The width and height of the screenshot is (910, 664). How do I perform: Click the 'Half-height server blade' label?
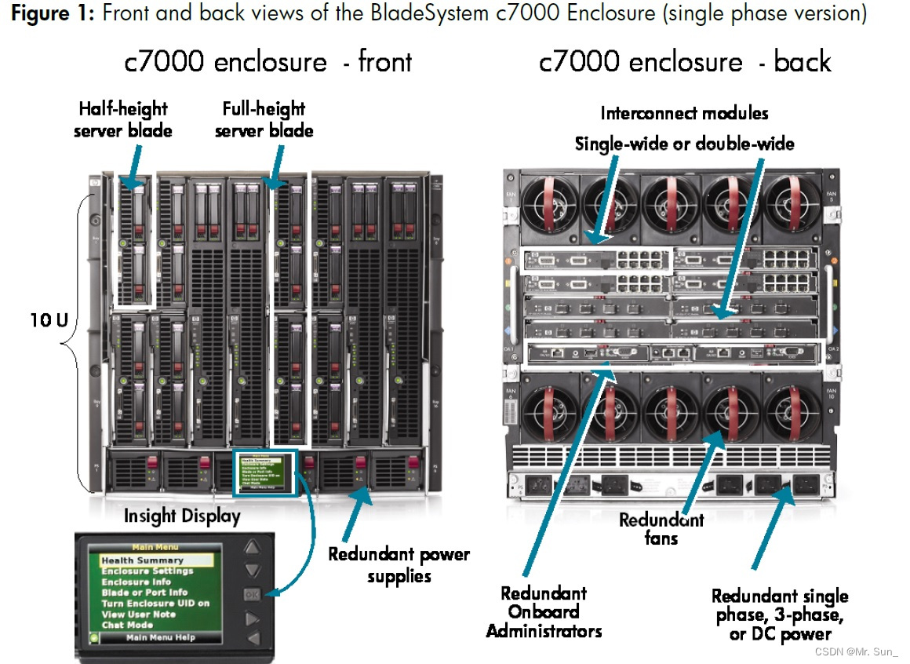tap(122, 120)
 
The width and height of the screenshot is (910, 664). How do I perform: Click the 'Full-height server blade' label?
tap(264, 120)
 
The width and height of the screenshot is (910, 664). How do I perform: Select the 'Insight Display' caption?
tap(181, 516)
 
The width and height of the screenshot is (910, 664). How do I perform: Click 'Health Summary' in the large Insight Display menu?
tap(142, 560)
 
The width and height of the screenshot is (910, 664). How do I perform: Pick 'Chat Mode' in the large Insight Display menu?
tap(127, 625)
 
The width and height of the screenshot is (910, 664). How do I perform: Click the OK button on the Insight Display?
tap(251, 594)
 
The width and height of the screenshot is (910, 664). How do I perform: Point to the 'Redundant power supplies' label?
tap(399, 565)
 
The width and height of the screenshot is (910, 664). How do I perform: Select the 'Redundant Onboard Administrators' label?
tap(544, 612)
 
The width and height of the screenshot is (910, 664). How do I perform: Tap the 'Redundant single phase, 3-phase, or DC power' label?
tap(780, 615)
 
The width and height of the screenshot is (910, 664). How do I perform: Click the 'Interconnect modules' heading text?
tap(684, 113)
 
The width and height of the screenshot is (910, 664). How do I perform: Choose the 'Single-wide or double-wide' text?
tap(684, 144)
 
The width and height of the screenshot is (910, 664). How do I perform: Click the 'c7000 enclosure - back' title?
tap(685, 62)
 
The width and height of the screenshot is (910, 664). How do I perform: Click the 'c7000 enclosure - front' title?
tap(268, 62)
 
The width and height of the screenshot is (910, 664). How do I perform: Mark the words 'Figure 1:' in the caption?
tap(53, 13)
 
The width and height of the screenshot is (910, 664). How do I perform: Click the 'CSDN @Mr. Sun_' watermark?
tap(857, 651)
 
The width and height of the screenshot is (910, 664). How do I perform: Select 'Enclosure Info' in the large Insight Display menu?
tap(136, 582)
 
